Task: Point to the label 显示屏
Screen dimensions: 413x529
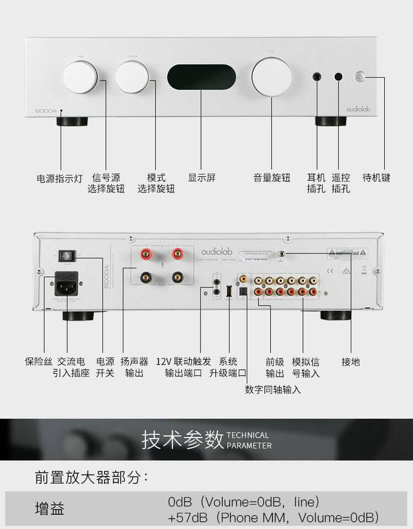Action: click(202, 178)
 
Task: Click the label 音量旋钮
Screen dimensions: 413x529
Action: click(271, 178)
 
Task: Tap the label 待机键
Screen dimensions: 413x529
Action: click(376, 178)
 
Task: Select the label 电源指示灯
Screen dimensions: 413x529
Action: click(59, 179)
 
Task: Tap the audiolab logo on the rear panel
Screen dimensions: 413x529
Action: click(216, 251)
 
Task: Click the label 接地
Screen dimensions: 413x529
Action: click(351, 362)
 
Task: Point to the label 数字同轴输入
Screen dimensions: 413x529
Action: click(273, 390)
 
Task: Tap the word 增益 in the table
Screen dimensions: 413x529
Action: click(50, 508)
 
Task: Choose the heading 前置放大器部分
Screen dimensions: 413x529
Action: click(91, 477)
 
